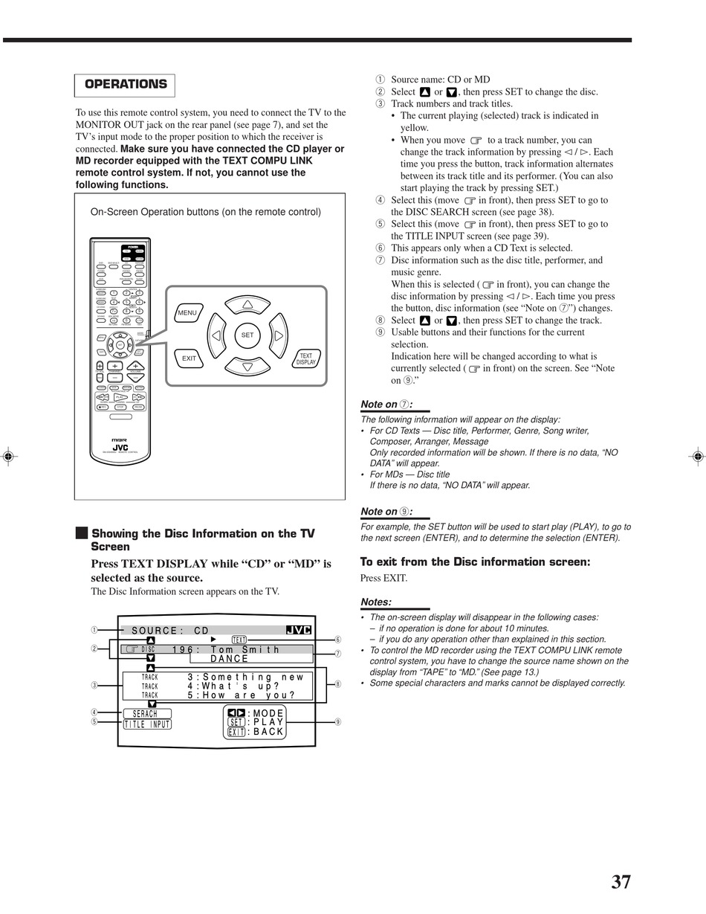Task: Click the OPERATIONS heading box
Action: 125,85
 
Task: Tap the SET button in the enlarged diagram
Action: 247,335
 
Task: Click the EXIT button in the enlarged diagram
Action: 189,358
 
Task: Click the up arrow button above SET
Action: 247,305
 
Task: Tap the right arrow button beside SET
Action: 278,335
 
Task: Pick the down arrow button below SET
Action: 247,366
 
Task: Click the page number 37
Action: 621,882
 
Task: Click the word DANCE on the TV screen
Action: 230,659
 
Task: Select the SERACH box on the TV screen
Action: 146,714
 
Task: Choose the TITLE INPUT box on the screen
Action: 147,724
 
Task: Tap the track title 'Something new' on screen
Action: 253,677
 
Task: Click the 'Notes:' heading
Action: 376,602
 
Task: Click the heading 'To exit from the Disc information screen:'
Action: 475,561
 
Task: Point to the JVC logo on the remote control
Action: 120,447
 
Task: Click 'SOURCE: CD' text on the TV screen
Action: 170,631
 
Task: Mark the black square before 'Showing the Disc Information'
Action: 81,533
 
